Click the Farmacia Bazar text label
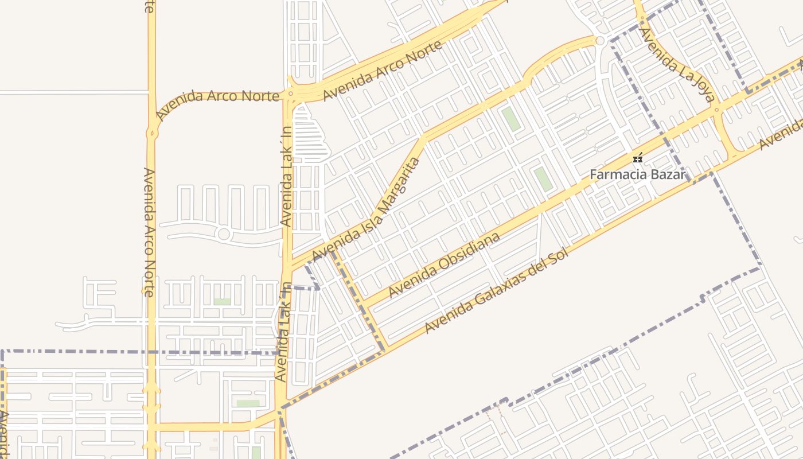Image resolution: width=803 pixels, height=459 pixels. pyautogui.click(x=637, y=174)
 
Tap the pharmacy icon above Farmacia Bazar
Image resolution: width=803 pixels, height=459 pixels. pyautogui.click(x=637, y=158)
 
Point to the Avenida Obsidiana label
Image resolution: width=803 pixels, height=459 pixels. pyautogui.click(x=444, y=264)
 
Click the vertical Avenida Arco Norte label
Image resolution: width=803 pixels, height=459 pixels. pyautogui.click(x=149, y=232)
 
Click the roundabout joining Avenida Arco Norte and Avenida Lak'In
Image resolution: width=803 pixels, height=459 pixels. pyautogui.click(x=291, y=94)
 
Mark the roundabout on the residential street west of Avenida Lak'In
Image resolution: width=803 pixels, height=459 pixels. pyautogui.click(x=224, y=234)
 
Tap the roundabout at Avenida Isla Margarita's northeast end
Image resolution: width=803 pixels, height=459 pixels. pyautogui.click(x=600, y=41)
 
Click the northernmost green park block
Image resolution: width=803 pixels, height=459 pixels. pyautogui.click(x=510, y=119)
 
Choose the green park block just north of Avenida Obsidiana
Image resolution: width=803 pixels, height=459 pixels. pyautogui.click(x=542, y=179)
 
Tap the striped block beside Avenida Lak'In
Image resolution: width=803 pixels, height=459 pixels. pyautogui.click(x=310, y=135)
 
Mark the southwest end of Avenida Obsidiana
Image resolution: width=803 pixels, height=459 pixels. pyautogui.click(x=362, y=304)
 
